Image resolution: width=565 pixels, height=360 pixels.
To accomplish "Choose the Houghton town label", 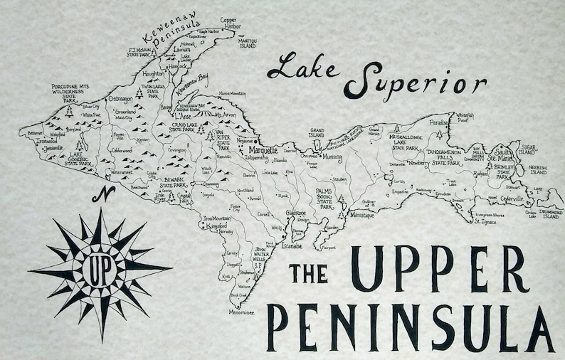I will coord(154,73).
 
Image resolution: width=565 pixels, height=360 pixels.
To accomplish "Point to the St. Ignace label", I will coord(486,221).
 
